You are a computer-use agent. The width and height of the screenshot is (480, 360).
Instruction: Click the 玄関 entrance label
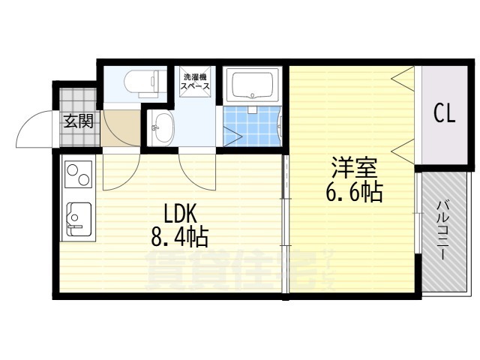click(78, 121)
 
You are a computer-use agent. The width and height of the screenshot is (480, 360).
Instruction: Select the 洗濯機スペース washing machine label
click(194, 81)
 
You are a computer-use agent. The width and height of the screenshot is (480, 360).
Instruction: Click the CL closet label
click(444, 114)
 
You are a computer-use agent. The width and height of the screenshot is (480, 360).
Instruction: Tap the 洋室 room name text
click(350, 167)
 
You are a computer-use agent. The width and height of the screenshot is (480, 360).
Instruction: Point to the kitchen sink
click(78, 218)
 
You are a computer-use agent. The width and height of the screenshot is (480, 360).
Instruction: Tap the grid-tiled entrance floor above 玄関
click(77, 97)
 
